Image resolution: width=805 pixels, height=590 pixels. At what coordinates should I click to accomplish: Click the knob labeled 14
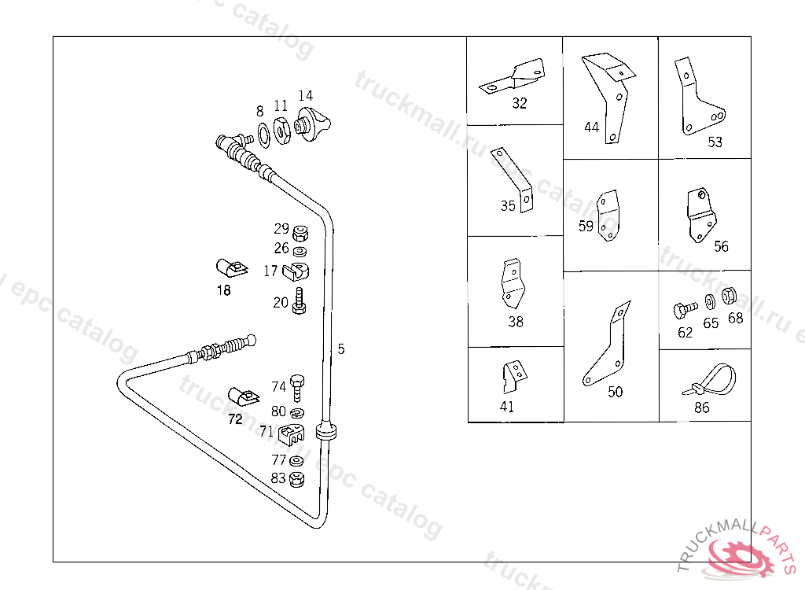click(x=311, y=124)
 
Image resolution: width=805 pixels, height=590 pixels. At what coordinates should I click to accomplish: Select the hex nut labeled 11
click(x=281, y=131)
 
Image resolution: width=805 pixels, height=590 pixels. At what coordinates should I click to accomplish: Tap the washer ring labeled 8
click(x=264, y=135)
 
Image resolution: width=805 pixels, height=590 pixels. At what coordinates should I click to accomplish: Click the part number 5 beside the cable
click(x=341, y=349)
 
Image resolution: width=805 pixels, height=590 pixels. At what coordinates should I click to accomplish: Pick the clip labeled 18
click(x=231, y=268)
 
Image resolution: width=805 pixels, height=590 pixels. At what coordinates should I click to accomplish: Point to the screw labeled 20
click(x=300, y=301)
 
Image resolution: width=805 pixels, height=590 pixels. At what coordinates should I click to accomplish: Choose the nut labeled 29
click(x=300, y=233)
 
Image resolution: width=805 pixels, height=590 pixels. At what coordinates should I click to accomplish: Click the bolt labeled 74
click(x=297, y=388)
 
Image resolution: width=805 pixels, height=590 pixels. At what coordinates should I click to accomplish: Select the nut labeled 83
click(x=296, y=480)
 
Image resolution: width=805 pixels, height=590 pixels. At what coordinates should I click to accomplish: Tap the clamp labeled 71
click(x=291, y=434)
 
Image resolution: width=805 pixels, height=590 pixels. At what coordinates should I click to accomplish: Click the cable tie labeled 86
click(x=711, y=381)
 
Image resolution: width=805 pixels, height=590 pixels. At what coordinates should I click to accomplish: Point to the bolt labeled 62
click(x=685, y=309)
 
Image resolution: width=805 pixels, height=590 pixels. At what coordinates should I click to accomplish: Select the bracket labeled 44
click(x=609, y=96)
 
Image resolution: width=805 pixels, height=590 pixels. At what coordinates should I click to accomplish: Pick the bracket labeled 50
click(x=608, y=346)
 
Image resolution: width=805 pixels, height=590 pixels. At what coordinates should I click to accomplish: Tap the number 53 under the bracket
click(x=715, y=142)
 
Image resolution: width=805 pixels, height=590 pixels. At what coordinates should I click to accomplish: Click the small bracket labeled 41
click(x=514, y=376)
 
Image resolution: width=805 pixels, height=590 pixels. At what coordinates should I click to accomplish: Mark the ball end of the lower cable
click(x=251, y=340)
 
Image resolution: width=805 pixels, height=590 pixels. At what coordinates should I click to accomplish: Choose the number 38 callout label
click(x=516, y=322)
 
